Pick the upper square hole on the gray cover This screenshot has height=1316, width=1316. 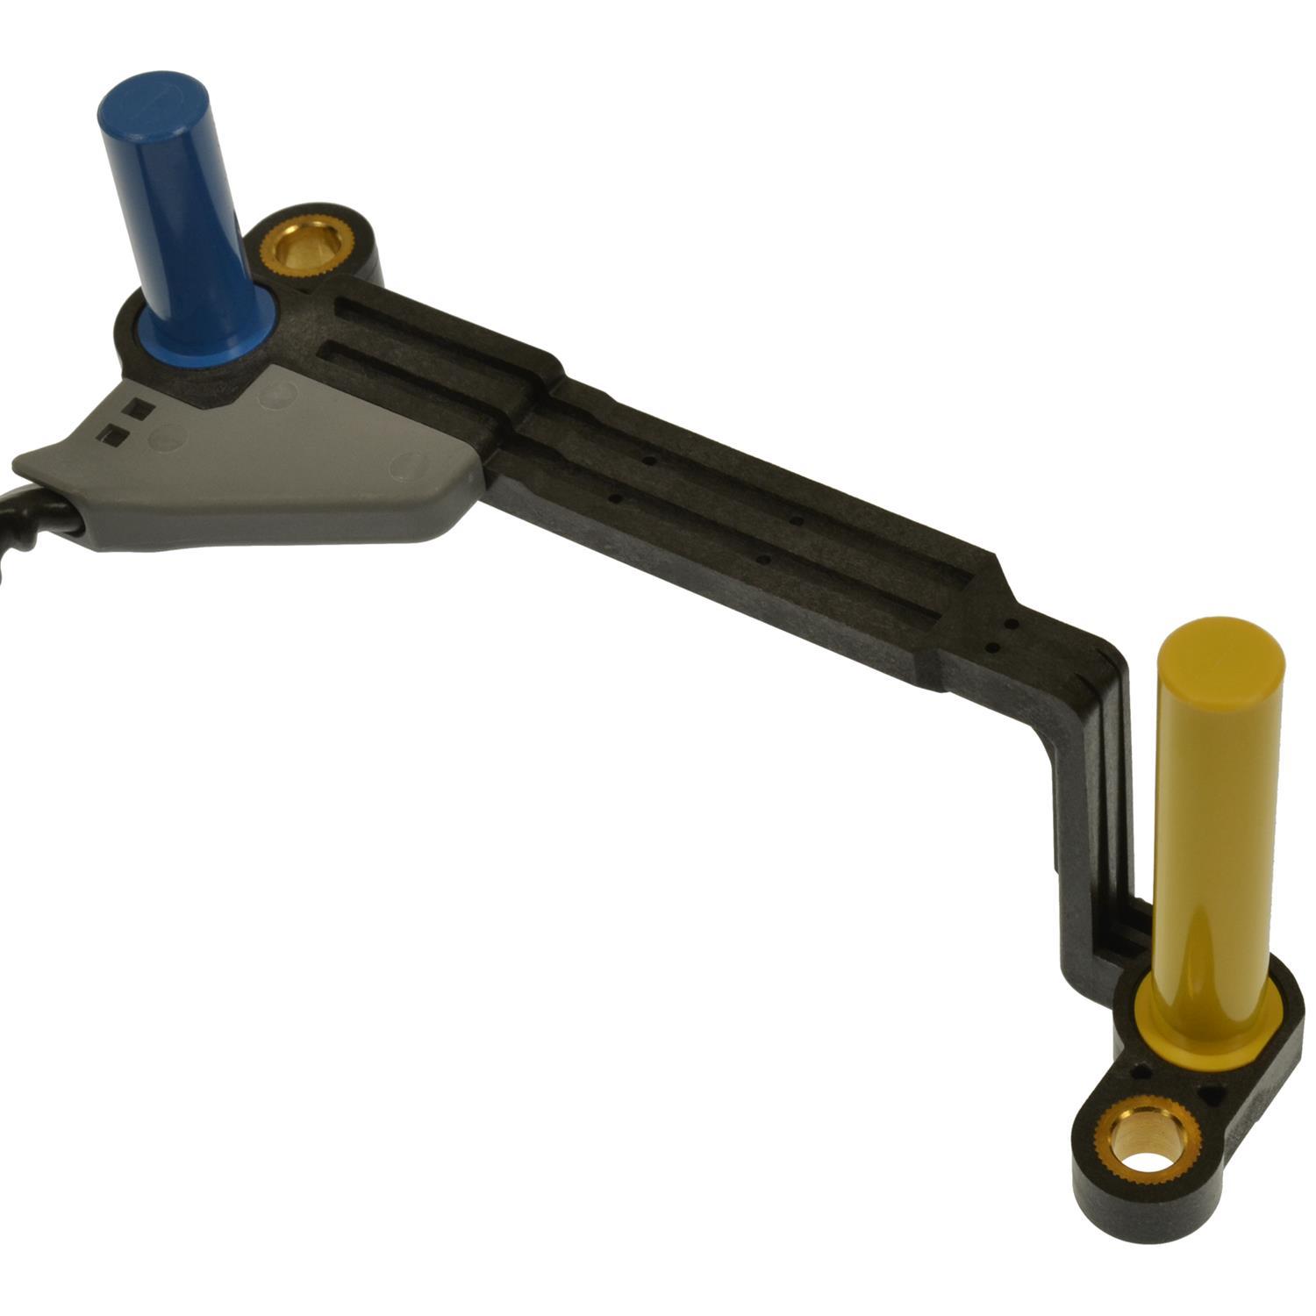[x=137, y=408]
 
